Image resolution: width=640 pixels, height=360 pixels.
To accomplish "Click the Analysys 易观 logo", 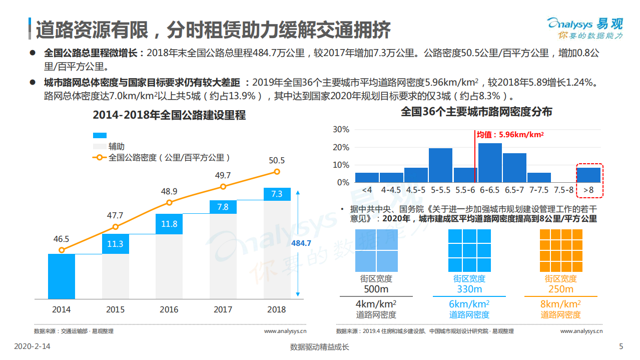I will click(x=585, y=28).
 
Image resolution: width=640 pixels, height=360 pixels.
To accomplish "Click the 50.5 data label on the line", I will click(x=277, y=161).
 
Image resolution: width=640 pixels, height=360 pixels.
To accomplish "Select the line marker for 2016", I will click(x=169, y=202).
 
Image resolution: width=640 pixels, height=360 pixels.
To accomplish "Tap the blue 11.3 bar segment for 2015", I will click(x=115, y=244).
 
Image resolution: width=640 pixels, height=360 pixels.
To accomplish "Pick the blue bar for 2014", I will click(x=62, y=276).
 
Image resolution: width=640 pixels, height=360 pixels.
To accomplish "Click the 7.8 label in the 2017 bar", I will click(x=223, y=207).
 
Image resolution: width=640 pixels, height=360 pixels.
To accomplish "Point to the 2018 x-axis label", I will click(x=277, y=309).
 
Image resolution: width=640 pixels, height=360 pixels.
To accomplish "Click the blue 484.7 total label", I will click(x=301, y=243).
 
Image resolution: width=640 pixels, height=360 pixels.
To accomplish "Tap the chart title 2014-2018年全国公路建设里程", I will click(x=169, y=115).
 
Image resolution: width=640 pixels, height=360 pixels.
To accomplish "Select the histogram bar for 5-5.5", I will click(x=440, y=165).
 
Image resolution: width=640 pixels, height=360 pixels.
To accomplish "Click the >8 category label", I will click(x=588, y=190).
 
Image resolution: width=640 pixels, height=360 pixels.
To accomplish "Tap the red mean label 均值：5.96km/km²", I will click(x=509, y=135).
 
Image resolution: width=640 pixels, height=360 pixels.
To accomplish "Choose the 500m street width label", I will click(x=376, y=289).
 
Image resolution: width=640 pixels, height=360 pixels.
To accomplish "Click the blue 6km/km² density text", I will click(x=469, y=304).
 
